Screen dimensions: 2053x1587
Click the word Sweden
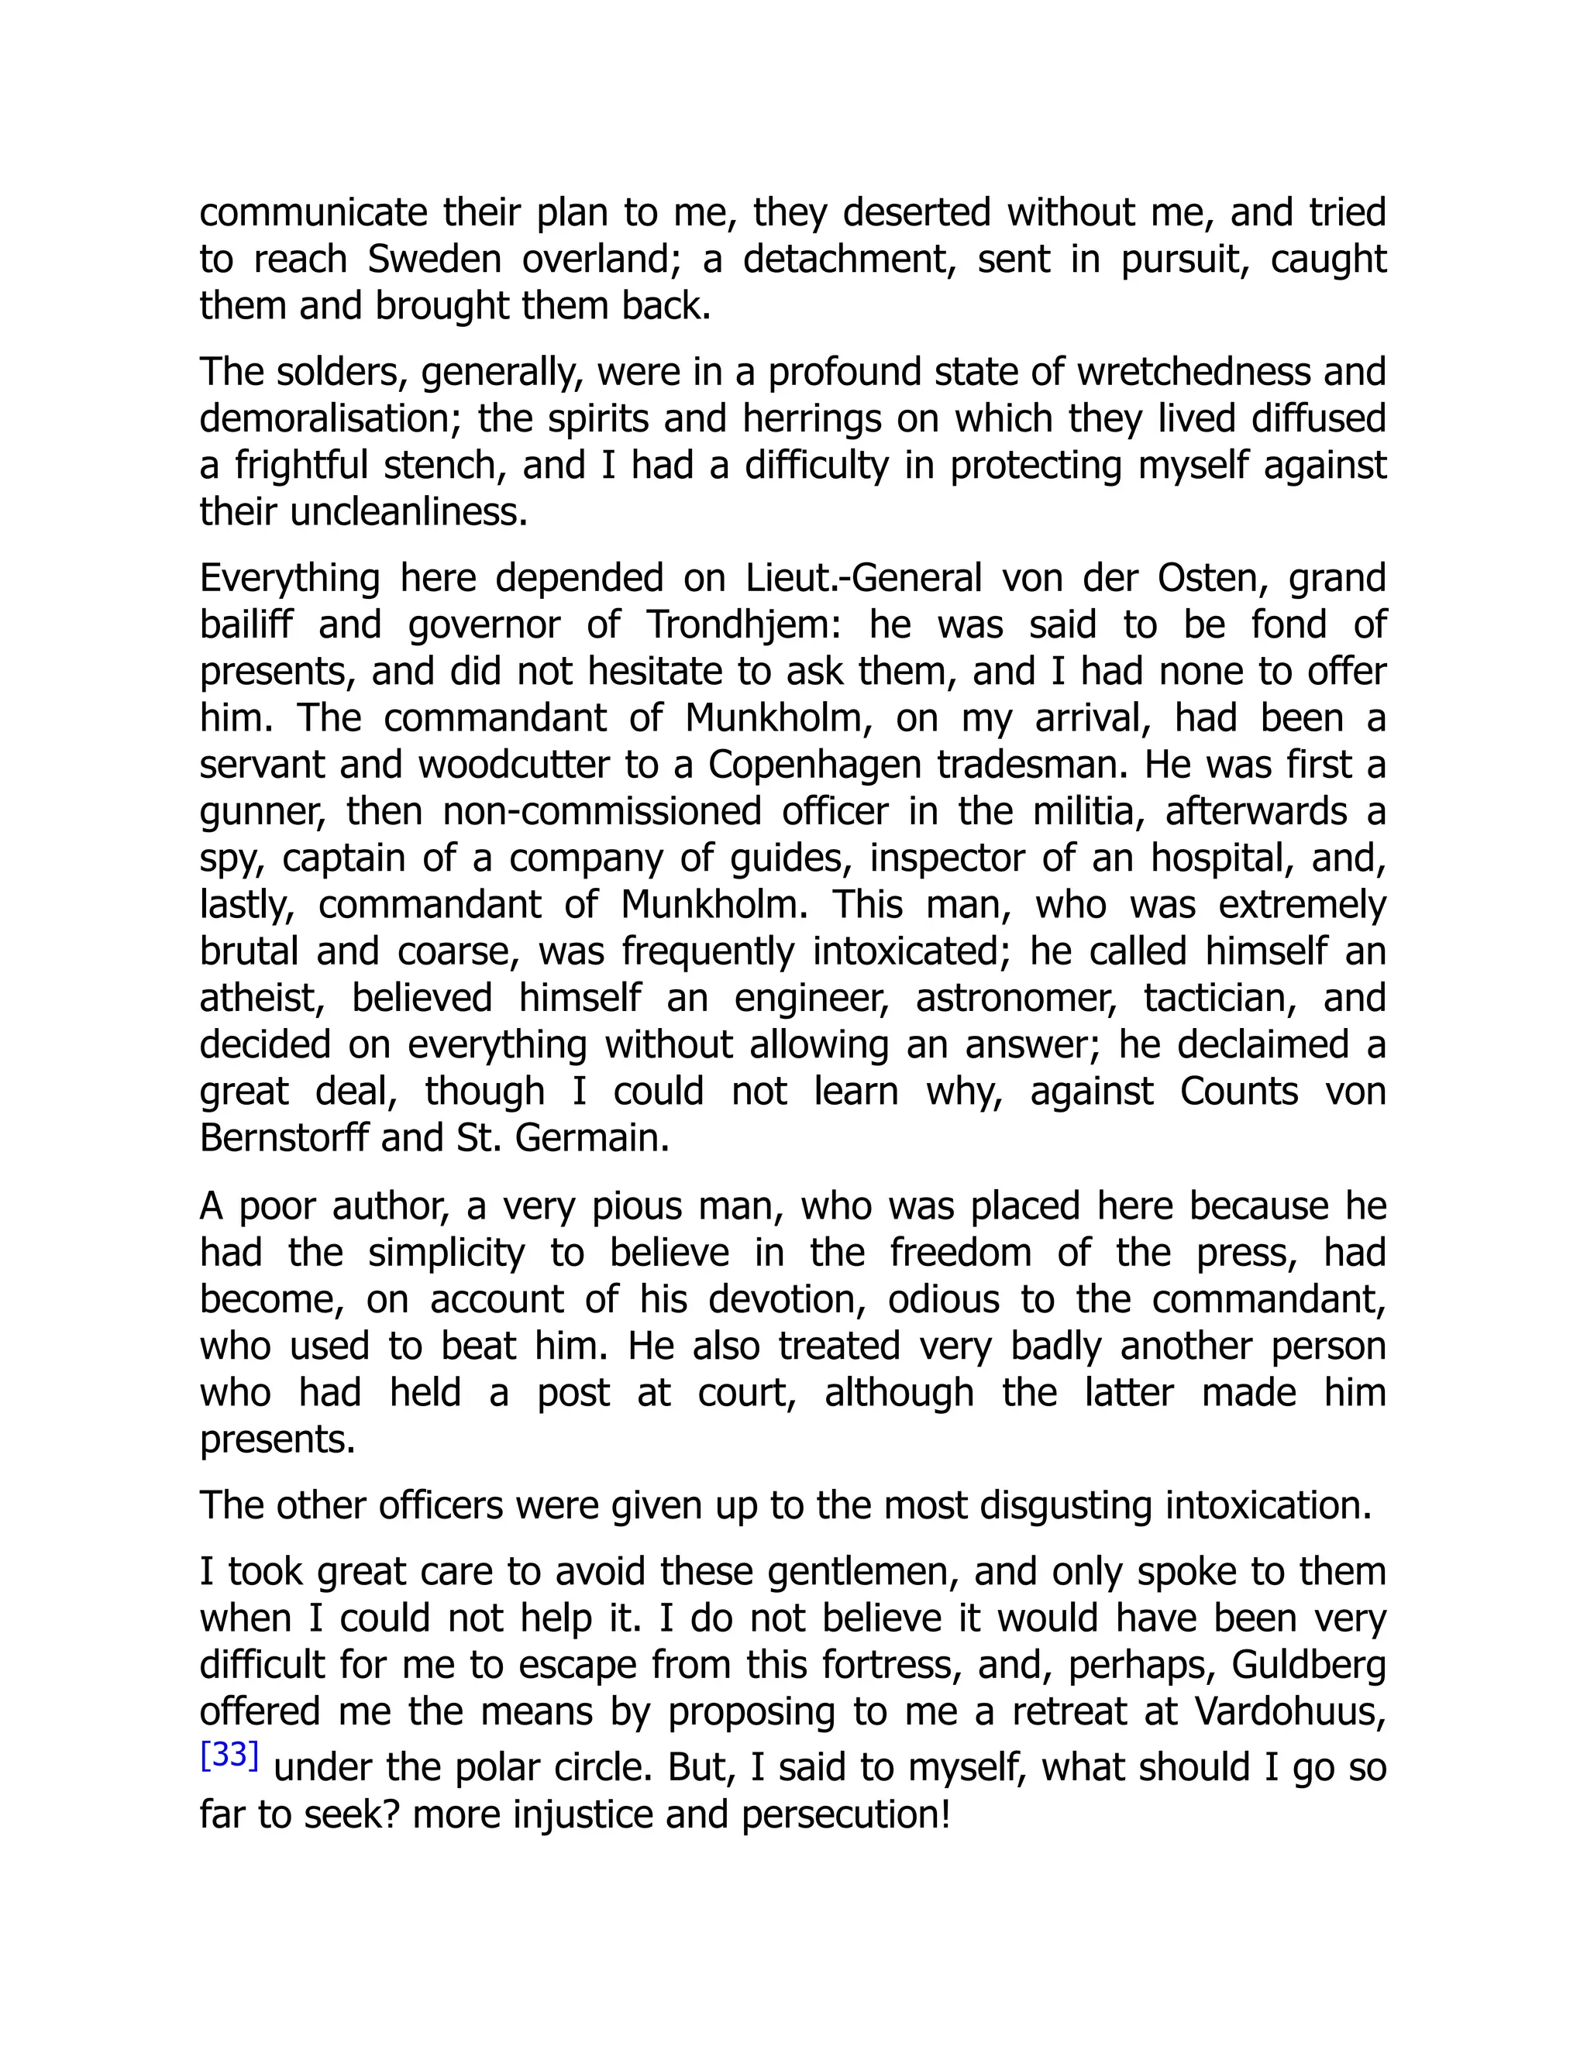(x=433, y=260)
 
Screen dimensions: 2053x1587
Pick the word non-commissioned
(x=601, y=811)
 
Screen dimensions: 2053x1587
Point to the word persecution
(x=845, y=1814)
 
